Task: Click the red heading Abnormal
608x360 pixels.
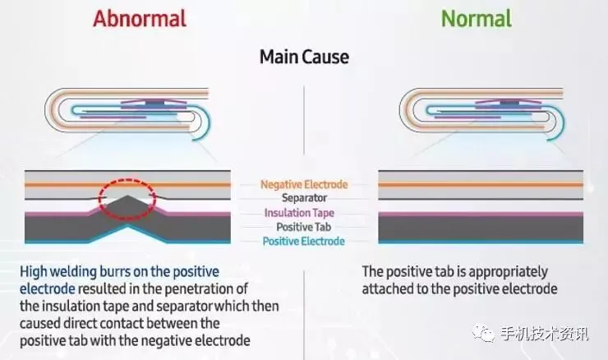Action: [x=139, y=17]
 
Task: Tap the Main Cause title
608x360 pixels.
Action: [x=304, y=57]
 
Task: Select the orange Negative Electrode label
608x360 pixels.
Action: [x=304, y=184]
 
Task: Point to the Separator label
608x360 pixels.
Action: [x=304, y=198]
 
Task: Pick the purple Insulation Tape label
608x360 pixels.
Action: [x=304, y=213]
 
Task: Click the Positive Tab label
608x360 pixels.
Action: [x=304, y=227]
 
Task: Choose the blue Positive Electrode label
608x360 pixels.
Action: [x=304, y=241]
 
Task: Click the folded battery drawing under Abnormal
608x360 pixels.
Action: [x=131, y=115]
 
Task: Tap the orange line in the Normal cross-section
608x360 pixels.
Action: [x=481, y=184]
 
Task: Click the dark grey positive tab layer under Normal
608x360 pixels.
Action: [x=481, y=226]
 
